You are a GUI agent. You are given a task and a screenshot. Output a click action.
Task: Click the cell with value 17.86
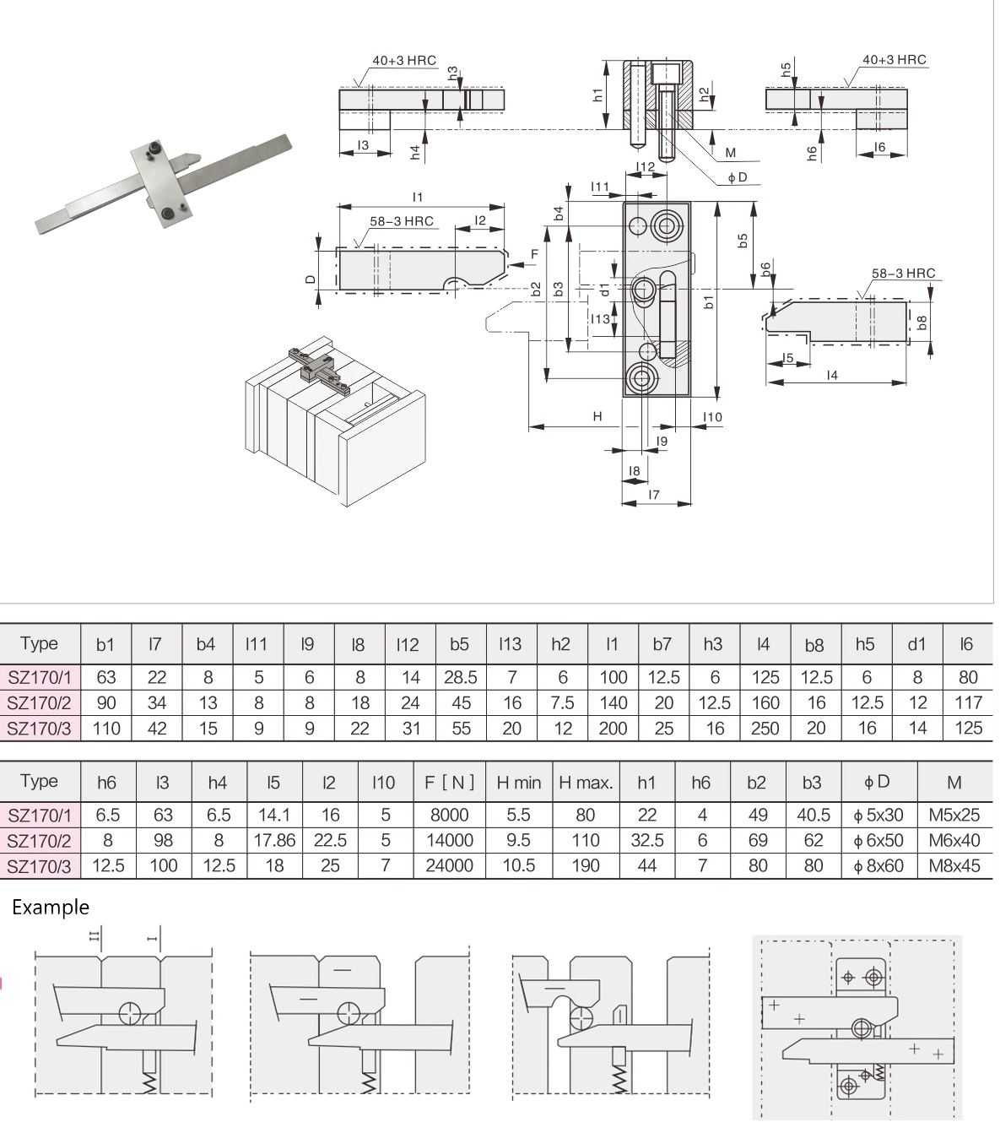(274, 841)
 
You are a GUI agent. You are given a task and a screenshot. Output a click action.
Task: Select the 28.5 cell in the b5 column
(461, 677)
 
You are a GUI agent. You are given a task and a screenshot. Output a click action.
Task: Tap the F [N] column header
(449, 783)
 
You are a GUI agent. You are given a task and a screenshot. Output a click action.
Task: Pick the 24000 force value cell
(449, 866)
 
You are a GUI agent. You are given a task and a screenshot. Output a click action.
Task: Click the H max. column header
(586, 783)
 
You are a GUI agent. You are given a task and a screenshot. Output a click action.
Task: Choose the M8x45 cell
(954, 866)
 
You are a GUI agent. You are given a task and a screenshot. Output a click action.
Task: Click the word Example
(51, 908)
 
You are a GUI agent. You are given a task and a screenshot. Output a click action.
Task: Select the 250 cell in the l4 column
(765, 728)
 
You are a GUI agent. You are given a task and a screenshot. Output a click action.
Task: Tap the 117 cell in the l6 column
(968, 702)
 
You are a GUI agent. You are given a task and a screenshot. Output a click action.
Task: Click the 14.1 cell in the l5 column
(274, 816)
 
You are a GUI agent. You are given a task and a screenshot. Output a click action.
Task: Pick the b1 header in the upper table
(105, 645)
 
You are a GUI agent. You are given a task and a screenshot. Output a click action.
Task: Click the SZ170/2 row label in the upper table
(40, 702)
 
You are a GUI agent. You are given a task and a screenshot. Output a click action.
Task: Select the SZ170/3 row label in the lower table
(40, 866)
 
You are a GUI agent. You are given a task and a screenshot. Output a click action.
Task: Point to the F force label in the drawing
(534, 254)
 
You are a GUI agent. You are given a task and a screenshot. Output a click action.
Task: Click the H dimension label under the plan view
(597, 416)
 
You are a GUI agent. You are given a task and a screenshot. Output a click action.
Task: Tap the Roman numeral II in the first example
(95, 935)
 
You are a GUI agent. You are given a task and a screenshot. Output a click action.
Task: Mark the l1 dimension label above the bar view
(418, 197)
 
